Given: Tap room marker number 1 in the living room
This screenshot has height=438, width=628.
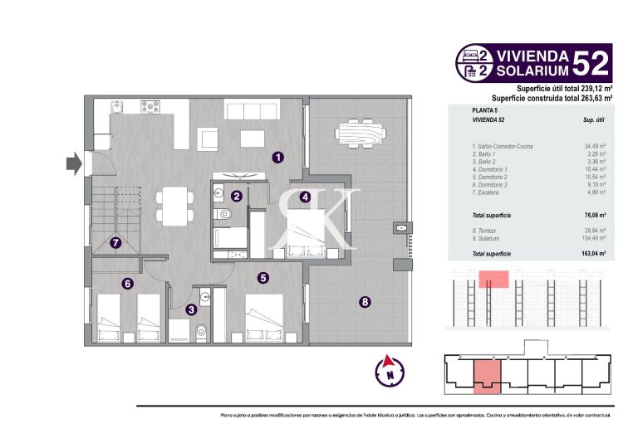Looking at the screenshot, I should point(278,155).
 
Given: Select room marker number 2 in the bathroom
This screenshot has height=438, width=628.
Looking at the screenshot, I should point(237,197).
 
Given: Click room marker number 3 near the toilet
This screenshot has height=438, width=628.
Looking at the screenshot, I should point(305,197).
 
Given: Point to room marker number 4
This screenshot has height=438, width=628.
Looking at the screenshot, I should point(262,278).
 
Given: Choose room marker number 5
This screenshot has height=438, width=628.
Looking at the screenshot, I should point(127,284).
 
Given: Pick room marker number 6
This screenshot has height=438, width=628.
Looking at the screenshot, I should point(115,243).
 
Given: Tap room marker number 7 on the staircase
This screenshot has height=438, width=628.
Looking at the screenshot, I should point(364,302).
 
